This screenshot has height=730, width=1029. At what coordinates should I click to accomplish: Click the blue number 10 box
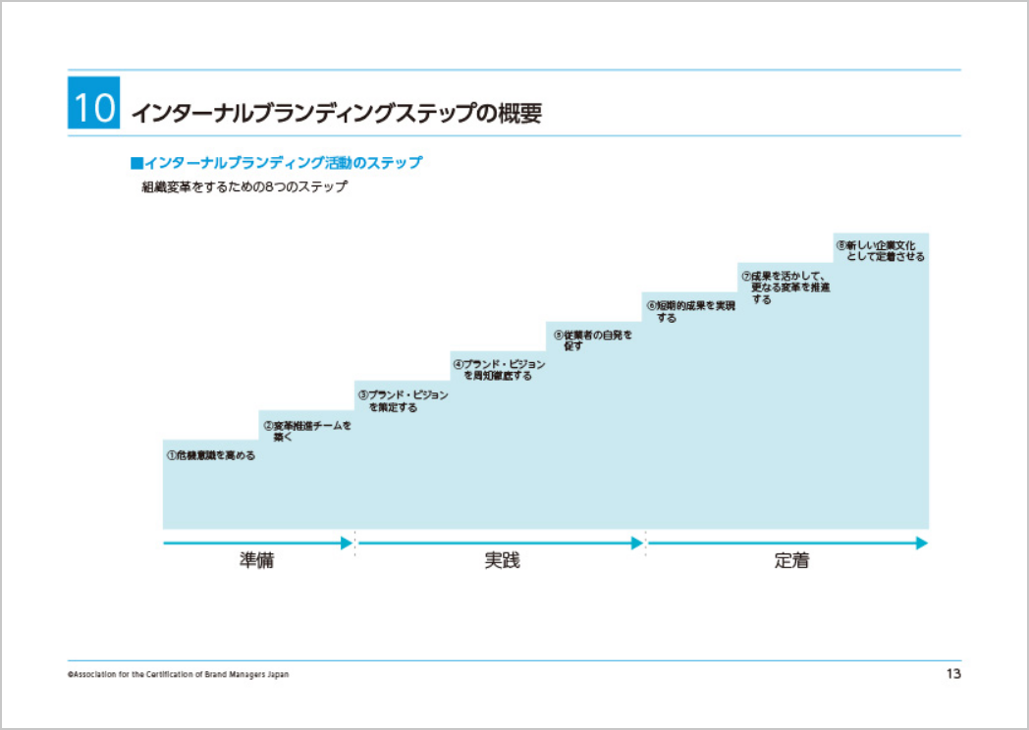pos(94,104)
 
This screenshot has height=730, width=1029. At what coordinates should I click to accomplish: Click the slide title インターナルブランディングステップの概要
pos(337,113)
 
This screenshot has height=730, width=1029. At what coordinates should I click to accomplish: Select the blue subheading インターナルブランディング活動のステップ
pos(276,162)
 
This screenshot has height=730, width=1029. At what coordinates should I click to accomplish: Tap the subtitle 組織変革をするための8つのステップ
pos(244,186)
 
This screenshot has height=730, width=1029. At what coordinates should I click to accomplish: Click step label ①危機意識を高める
pos(210,456)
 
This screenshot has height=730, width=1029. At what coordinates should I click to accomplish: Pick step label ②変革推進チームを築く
pos(306,432)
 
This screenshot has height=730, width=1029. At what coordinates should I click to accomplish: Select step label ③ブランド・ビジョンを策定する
pos(403,401)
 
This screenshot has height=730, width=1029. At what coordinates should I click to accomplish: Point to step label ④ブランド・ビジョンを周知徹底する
pos(499,370)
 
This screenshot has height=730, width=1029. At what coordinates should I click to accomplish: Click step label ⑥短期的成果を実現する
pos(690,311)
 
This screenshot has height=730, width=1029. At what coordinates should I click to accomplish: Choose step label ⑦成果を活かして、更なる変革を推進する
pos(785,287)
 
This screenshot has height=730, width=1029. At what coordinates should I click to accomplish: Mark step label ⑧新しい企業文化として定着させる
pos(880,250)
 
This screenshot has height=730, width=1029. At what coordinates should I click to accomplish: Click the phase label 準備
pos(256,562)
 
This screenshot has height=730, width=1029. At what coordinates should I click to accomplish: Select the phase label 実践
pos(502,562)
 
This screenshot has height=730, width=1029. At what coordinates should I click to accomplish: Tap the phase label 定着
pos(791,562)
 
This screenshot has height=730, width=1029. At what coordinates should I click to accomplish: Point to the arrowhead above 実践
pos(637,543)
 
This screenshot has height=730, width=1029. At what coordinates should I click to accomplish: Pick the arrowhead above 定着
pos(921,543)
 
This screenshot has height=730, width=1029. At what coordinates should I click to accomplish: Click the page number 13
pos(952,674)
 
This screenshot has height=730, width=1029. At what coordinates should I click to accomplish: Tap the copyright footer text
pos(178,675)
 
